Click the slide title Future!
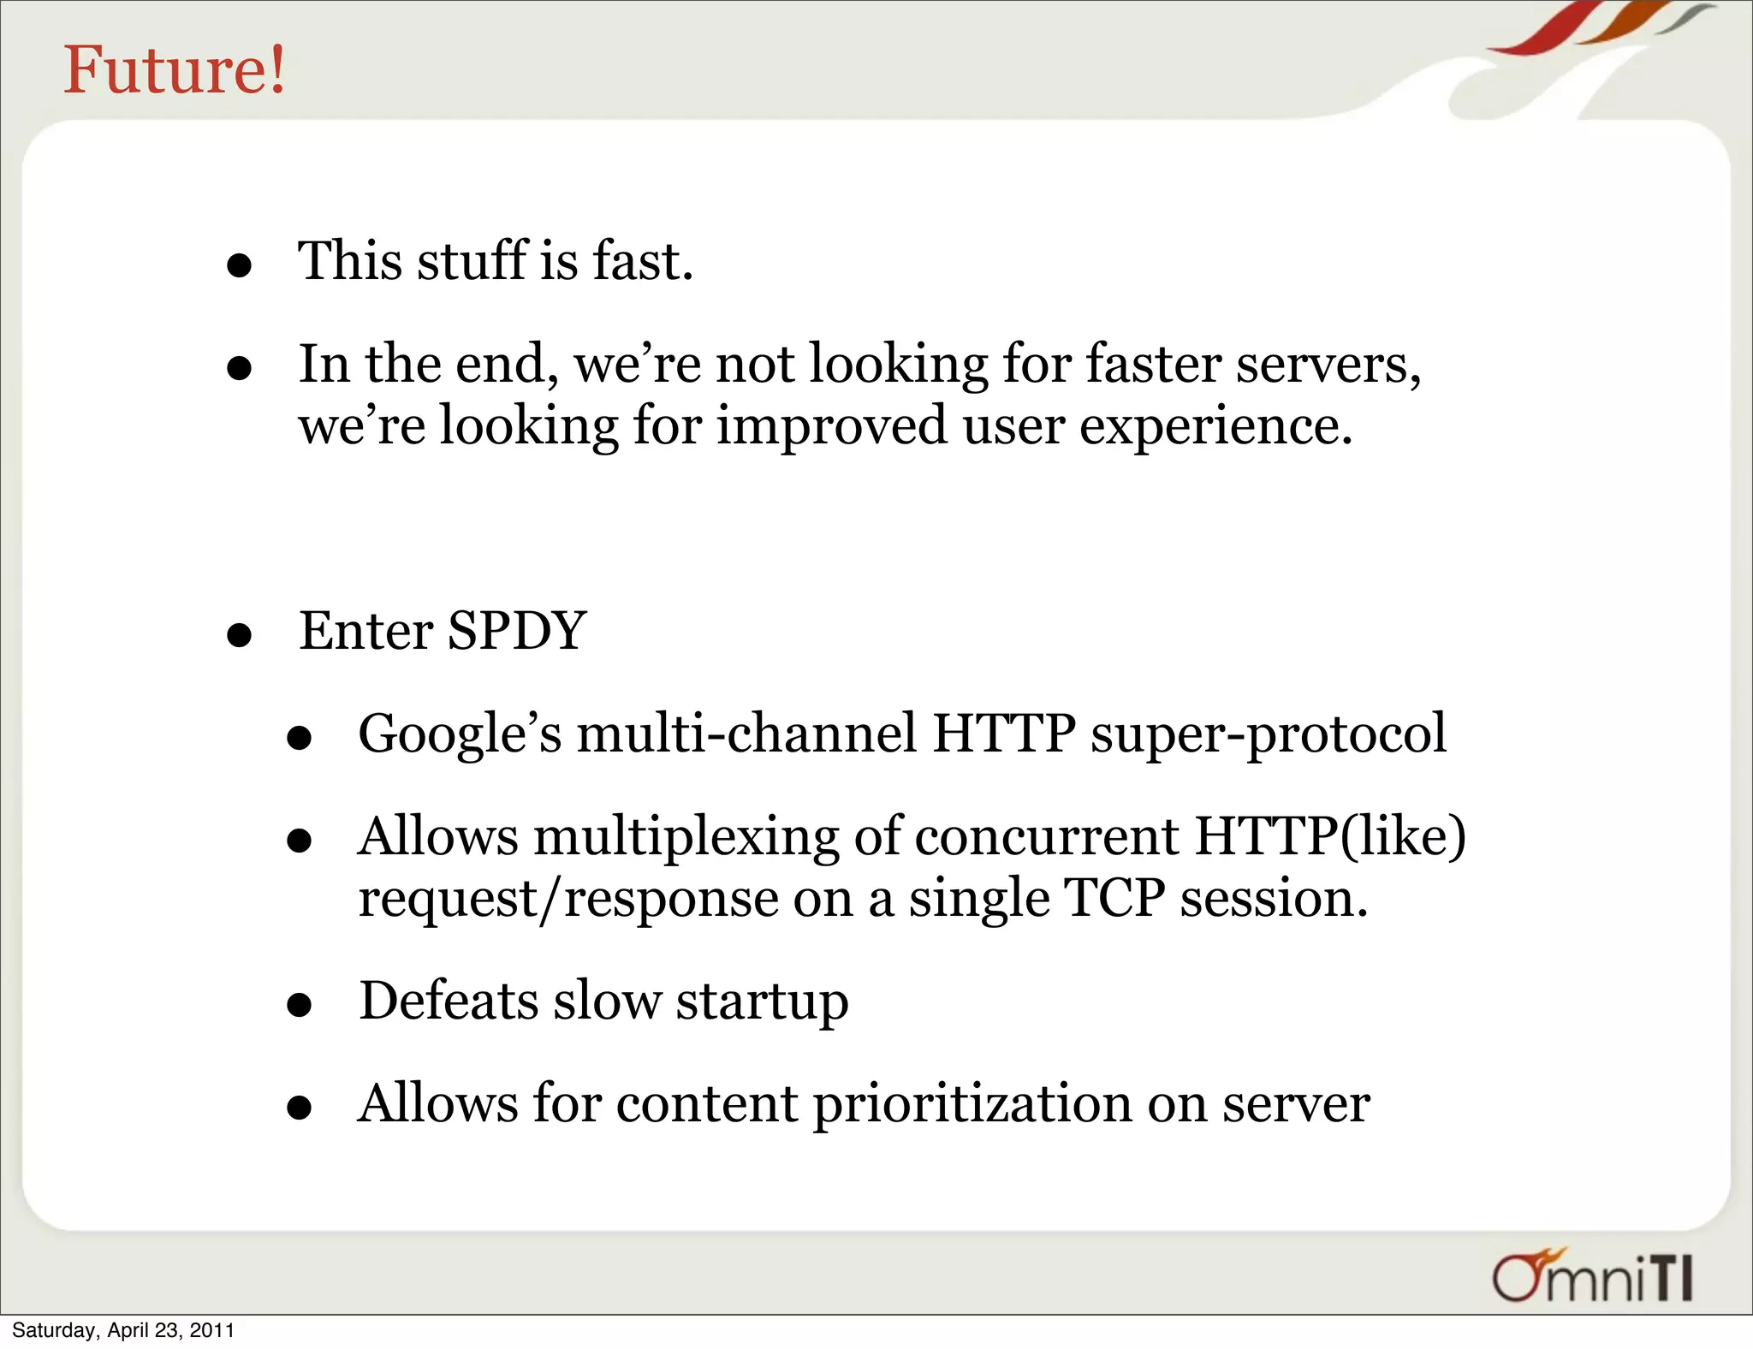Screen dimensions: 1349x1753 175,70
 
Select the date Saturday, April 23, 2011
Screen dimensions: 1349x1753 123,1330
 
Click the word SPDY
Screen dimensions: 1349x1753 516,631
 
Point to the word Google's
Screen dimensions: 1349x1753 460,734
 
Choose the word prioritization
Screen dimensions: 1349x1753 972,1104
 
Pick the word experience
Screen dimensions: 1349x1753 1215,426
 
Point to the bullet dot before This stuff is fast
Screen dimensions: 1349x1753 240,265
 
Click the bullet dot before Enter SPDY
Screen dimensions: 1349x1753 240,636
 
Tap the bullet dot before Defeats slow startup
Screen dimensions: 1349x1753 300,1006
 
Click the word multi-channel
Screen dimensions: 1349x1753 747,734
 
